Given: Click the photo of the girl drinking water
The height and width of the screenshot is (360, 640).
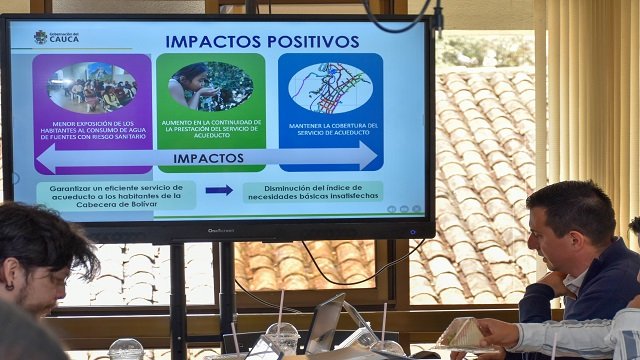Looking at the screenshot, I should point(210,86).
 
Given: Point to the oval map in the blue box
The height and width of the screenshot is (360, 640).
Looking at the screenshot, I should point(330,87).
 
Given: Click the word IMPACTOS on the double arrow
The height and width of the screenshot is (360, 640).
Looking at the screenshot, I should point(208,158).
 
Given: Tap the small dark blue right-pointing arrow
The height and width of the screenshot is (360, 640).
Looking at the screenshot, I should point(219,190).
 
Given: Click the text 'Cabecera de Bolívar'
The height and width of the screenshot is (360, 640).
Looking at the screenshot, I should point(116,203).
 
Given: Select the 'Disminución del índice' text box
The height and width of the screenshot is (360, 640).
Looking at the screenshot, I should point(312,191).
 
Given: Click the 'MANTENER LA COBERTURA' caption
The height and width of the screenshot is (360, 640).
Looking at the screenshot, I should point(330,130).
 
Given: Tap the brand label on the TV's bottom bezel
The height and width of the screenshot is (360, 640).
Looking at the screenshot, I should point(221,230).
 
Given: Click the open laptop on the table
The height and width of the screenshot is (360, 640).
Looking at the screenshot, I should point(326,322).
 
